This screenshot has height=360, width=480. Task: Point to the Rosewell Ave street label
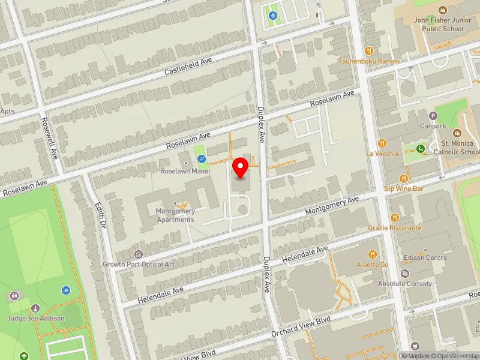pos(49,137)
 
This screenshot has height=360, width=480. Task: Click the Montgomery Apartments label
pos(175,215)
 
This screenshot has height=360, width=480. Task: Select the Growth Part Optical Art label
pos(139,264)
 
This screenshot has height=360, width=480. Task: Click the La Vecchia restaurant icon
pos(382,143)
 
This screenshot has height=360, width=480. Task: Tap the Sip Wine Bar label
pos(404,188)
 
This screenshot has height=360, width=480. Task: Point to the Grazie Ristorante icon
pos(394,218)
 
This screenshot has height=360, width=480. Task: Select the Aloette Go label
pos(373,264)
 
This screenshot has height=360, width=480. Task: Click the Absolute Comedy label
pos(405,283)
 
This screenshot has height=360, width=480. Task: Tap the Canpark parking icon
pos(433,116)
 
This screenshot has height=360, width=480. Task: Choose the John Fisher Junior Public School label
pos(439,23)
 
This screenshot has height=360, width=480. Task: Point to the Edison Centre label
pos(425,257)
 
